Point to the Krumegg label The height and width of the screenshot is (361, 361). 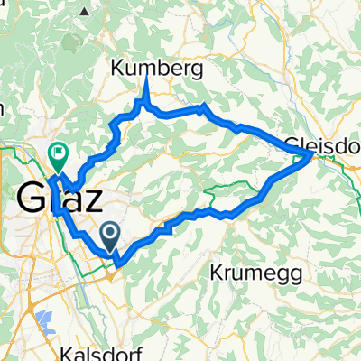[248, 271]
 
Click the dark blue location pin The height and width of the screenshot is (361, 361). [110, 236]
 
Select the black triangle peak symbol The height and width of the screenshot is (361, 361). [86, 10]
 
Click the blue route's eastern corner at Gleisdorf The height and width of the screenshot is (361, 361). [312, 155]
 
